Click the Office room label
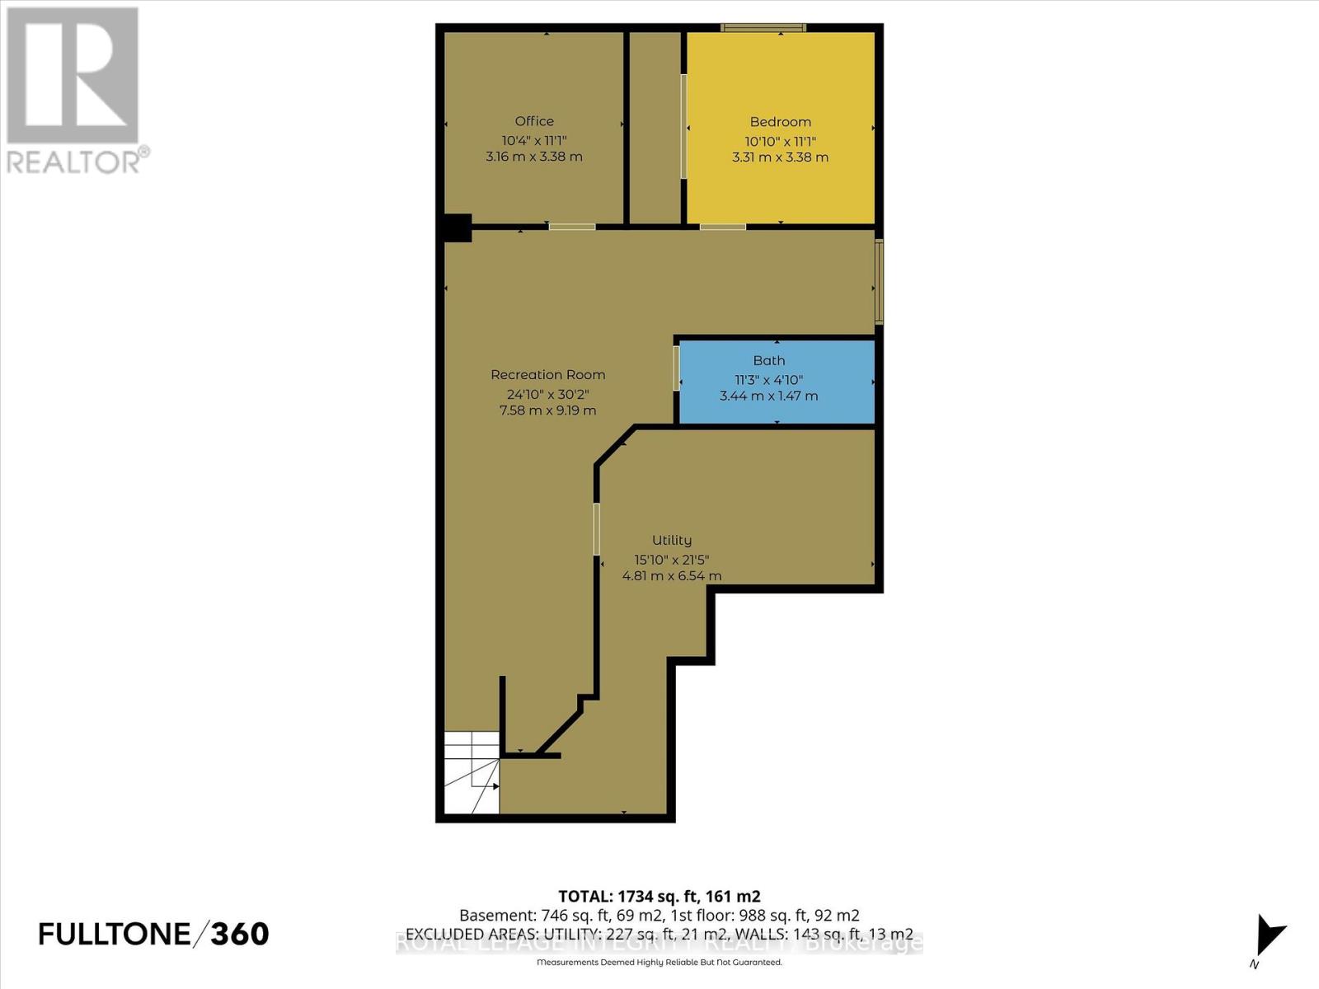pyautogui.click(x=534, y=121)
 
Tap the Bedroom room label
pyautogui.click(x=780, y=122)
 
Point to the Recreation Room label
pyautogui.click(x=547, y=375)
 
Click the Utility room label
pyautogui.click(x=671, y=540)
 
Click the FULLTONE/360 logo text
pyautogui.click(x=153, y=934)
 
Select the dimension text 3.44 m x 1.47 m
pyautogui.click(x=768, y=396)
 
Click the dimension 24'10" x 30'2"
pyautogui.click(x=547, y=394)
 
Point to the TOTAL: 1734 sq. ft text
pyautogui.click(x=659, y=897)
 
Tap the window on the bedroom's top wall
pyautogui.click(x=763, y=28)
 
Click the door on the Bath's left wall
pyautogui.click(x=677, y=368)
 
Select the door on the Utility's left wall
pyautogui.click(x=596, y=528)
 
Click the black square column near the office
pyautogui.click(x=457, y=228)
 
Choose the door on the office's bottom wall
pyautogui.click(x=572, y=226)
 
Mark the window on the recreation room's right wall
pyautogui.click(x=879, y=282)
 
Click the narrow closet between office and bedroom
pyautogui.click(x=655, y=128)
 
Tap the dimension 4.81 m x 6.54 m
pyautogui.click(x=671, y=576)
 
